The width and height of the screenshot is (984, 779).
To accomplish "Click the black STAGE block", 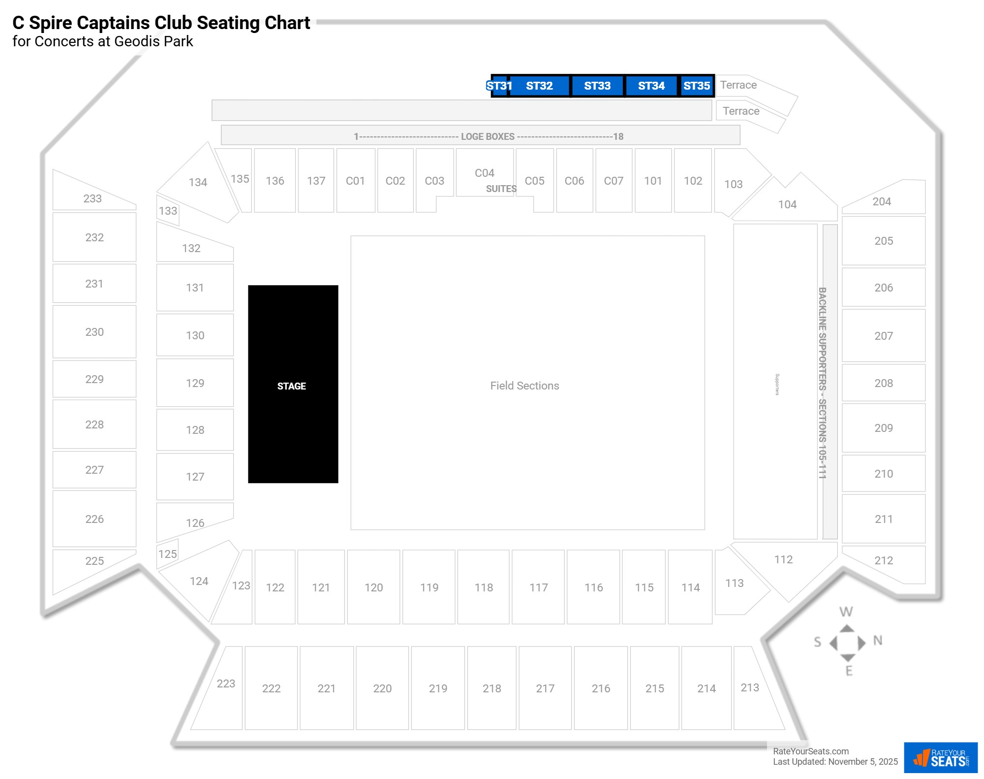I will (293, 384).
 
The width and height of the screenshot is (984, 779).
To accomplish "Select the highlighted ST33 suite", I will (597, 86).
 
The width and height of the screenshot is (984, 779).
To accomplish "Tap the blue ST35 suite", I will (697, 86).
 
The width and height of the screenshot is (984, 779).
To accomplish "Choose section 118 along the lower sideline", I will (484, 587).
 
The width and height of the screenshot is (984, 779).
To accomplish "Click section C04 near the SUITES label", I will (485, 173).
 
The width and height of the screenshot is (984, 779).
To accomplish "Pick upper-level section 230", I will (94, 332).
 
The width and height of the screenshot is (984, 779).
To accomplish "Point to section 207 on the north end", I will (884, 336).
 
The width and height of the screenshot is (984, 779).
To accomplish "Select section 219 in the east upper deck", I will (438, 688).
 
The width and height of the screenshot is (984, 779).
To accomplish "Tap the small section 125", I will (167, 554).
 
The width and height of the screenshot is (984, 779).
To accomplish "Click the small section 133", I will (168, 211).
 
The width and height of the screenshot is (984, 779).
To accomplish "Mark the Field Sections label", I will (524, 386).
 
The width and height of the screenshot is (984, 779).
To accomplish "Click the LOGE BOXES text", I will (488, 136).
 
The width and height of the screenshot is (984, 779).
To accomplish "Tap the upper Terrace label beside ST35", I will (738, 85).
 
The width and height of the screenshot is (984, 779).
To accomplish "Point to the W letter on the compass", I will (846, 612).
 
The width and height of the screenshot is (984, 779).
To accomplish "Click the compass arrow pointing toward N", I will (861, 643).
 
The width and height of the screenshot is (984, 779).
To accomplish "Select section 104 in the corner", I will (787, 204).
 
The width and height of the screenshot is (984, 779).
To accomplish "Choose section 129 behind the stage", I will (195, 383).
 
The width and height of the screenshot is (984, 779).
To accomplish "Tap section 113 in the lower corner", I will (734, 583).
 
